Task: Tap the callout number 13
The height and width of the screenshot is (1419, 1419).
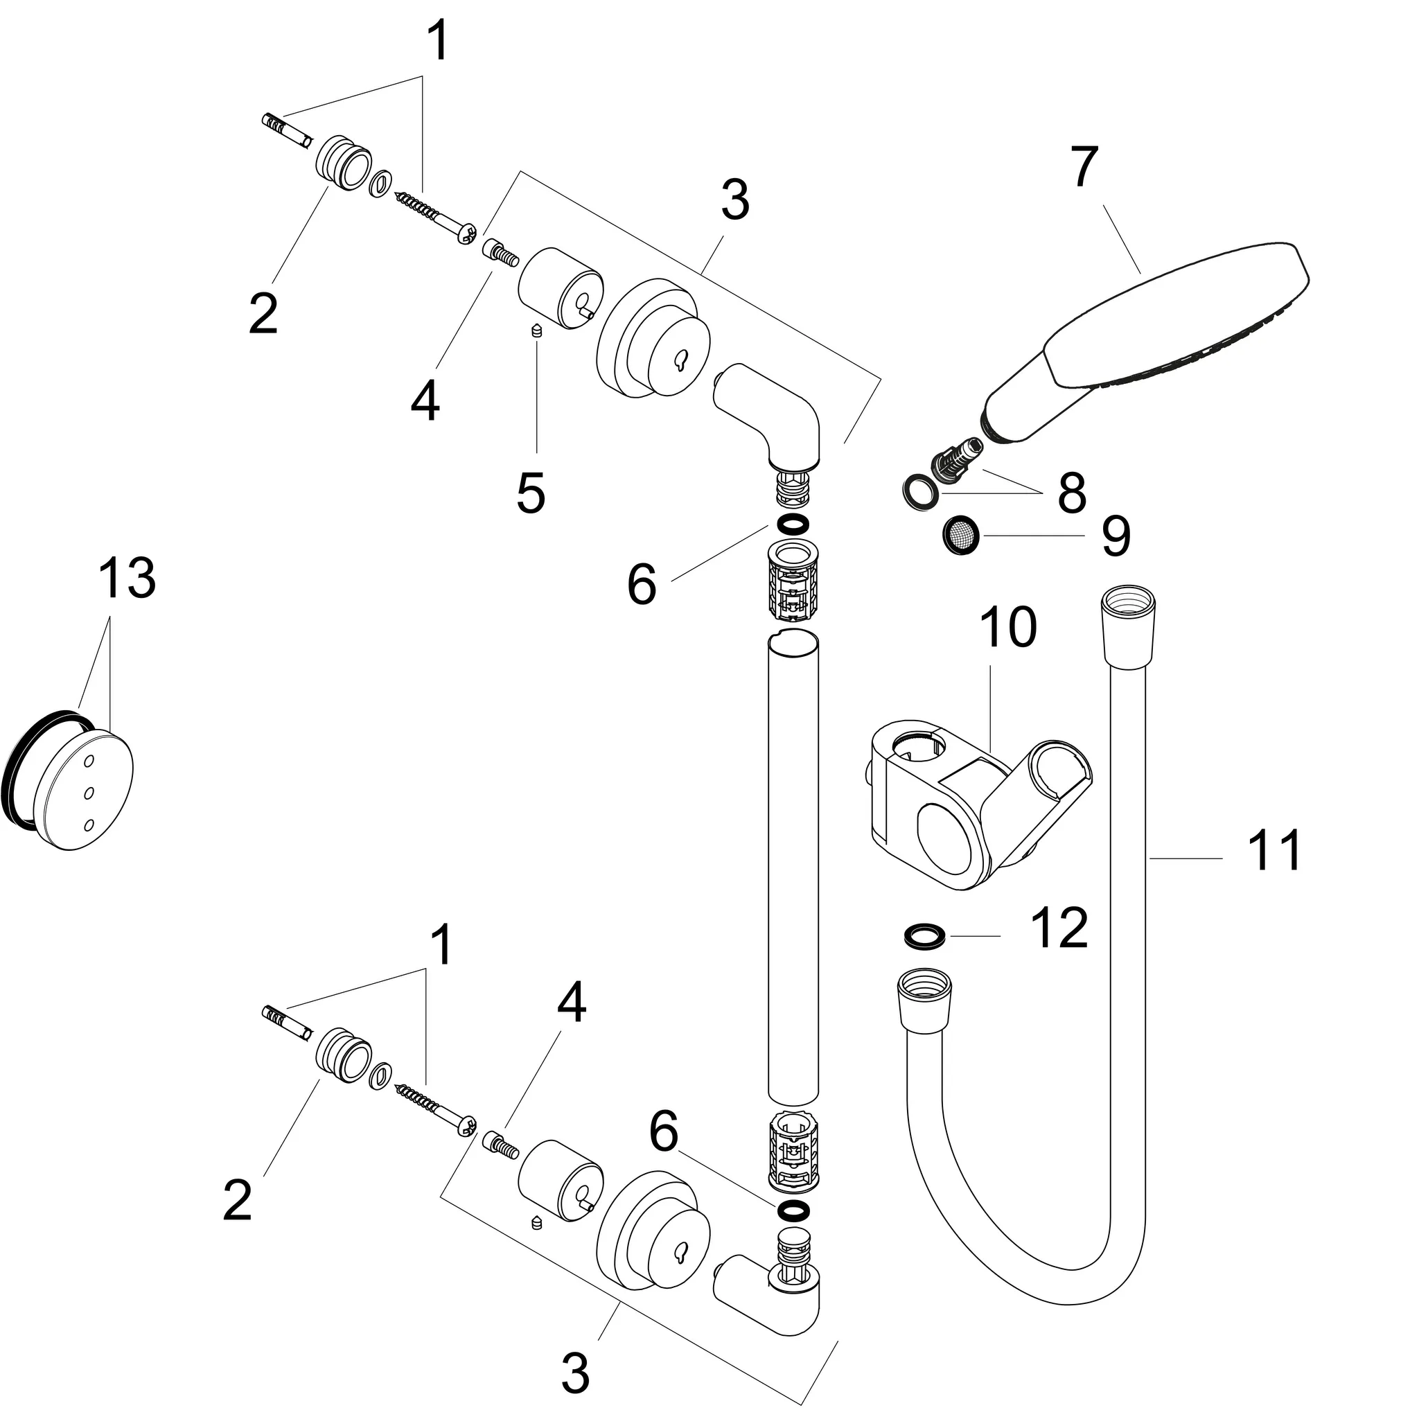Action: (127, 578)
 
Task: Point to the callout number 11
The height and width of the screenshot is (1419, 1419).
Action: (1274, 849)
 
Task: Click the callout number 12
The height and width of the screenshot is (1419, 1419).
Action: (1059, 928)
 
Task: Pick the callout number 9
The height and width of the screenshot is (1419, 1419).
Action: (1115, 536)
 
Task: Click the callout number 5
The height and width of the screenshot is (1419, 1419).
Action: (530, 493)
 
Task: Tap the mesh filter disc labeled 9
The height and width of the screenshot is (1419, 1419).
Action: (959, 536)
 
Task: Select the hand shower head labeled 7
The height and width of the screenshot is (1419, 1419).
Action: (1146, 323)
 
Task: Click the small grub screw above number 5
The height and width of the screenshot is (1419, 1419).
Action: (536, 331)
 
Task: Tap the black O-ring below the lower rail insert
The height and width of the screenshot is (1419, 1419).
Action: (792, 1210)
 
